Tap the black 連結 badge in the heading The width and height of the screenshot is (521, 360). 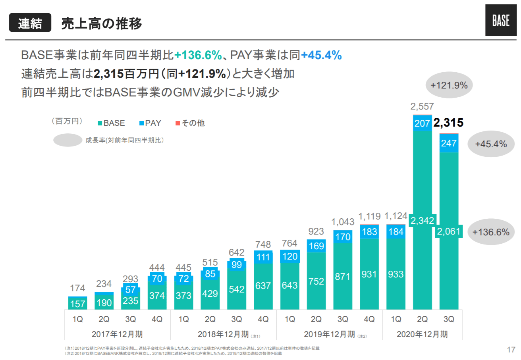(x=30, y=23)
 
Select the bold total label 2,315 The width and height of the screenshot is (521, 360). (x=448, y=123)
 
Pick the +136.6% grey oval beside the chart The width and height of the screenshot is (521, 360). (x=490, y=232)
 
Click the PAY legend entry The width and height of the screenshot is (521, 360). (x=150, y=123)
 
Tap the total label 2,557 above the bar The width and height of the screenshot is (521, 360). (x=422, y=106)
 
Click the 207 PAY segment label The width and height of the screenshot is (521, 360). (x=422, y=123)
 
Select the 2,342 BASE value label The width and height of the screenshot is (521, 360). (x=422, y=221)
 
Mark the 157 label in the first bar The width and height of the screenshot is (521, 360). (x=78, y=304)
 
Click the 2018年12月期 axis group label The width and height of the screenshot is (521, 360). (x=223, y=334)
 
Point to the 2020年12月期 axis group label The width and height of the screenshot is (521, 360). (x=422, y=334)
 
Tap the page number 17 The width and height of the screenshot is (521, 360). (x=511, y=350)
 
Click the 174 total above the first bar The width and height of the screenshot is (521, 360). (x=78, y=288)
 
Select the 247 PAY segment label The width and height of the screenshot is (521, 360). (x=449, y=143)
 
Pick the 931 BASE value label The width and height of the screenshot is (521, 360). (x=369, y=274)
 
